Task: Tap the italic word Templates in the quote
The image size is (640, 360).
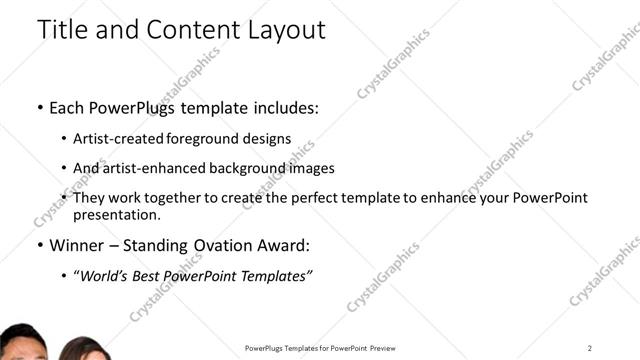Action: point(273,275)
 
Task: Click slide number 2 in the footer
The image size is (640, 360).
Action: point(590,347)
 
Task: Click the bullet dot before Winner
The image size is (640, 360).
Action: point(39,245)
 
